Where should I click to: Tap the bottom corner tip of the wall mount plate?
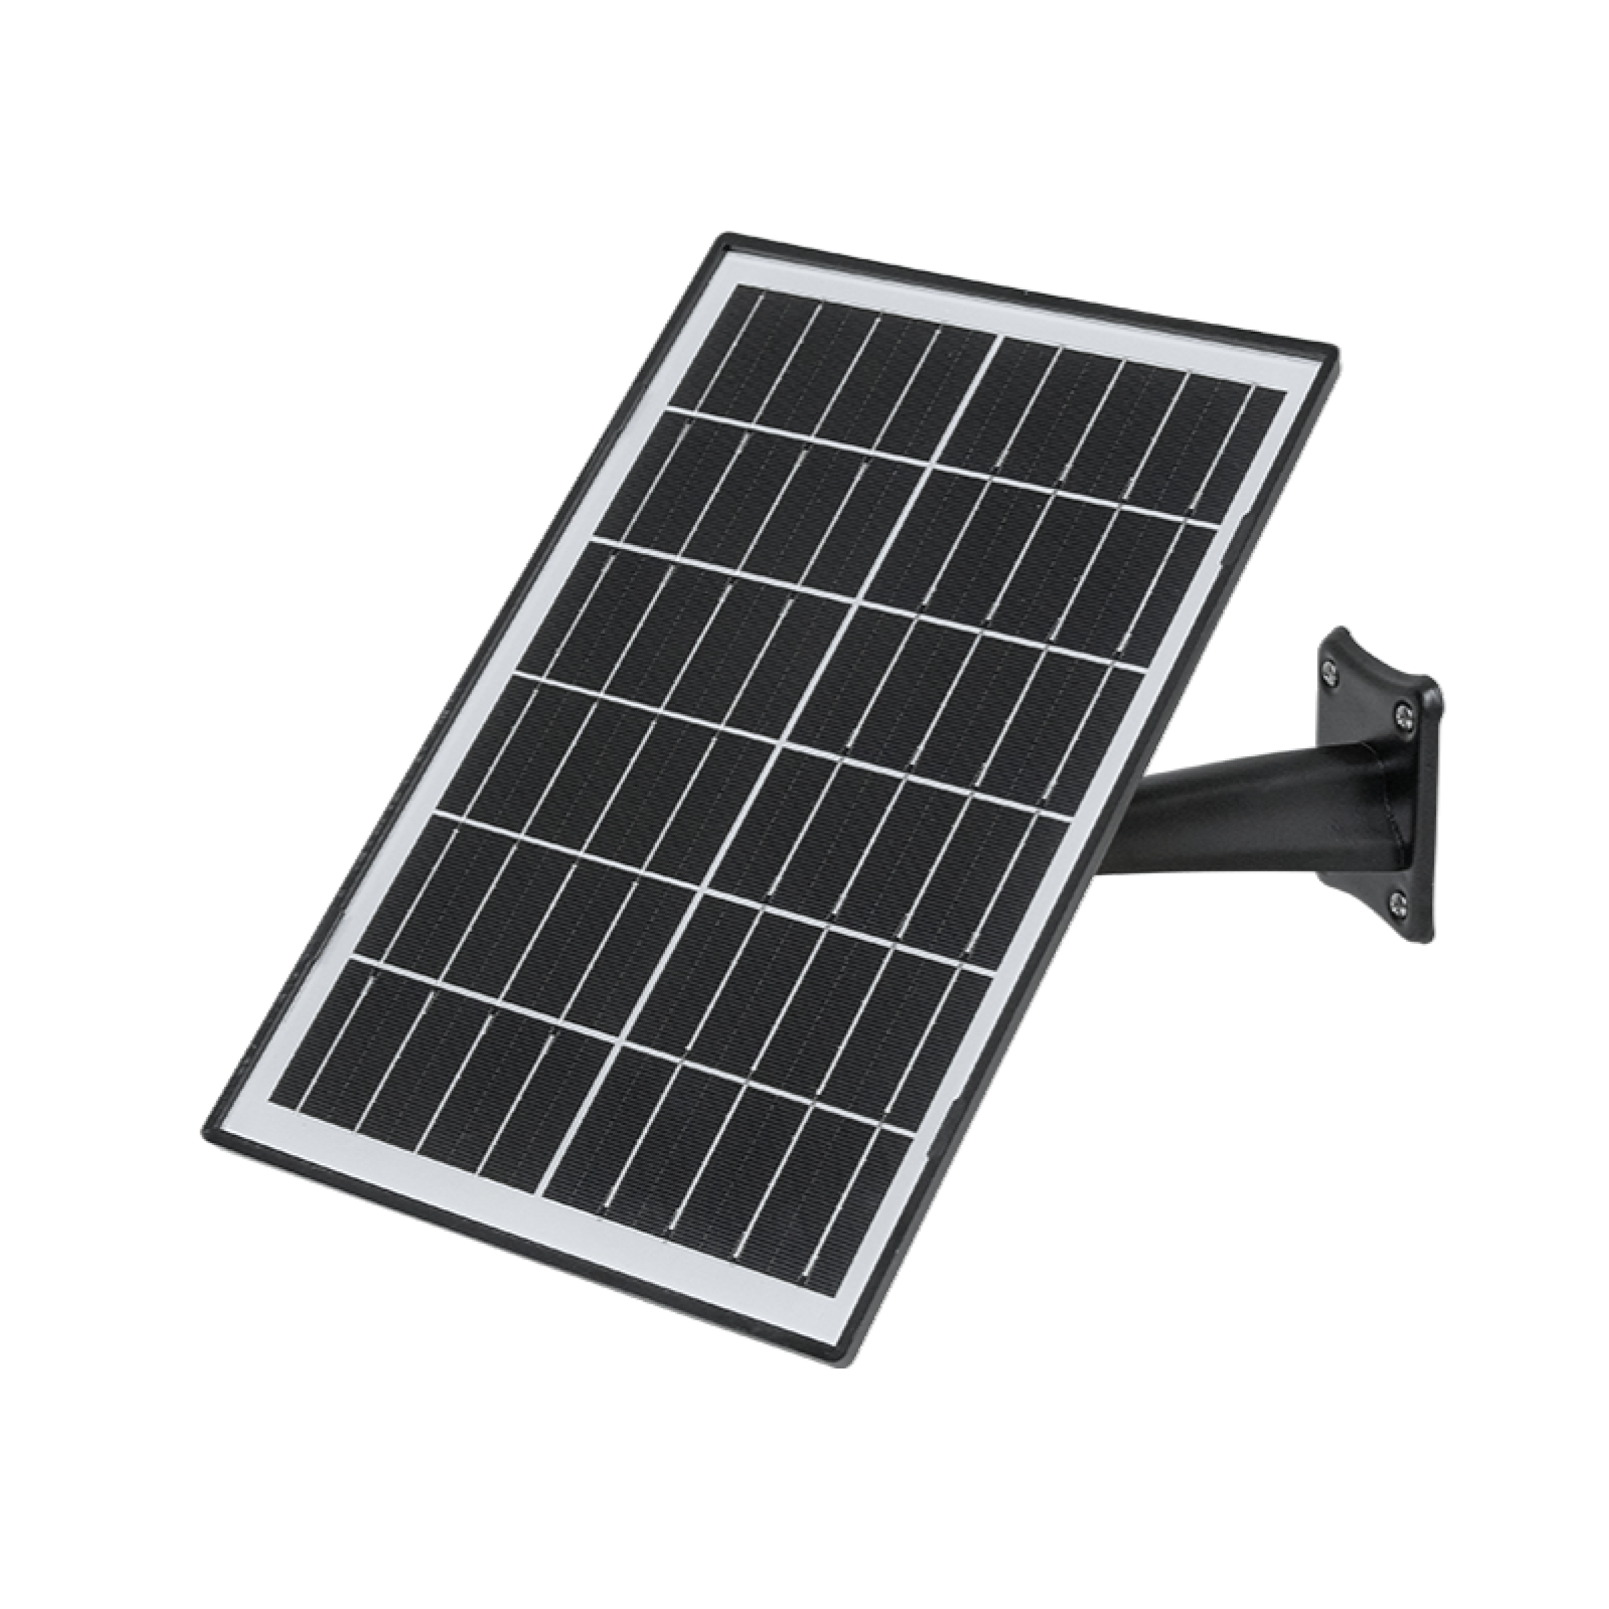[x=1416, y=942]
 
